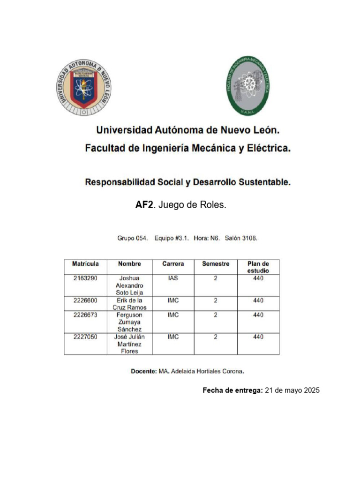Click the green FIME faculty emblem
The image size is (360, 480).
pyautogui.click(x=248, y=86)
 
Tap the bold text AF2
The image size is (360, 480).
pyautogui.click(x=144, y=206)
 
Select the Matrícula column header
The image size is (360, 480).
pyautogui.click(x=85, y=264)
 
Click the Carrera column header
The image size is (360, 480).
pyautogui.click(x=173, y=264)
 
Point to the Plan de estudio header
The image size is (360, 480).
pyautogui.click(x=258, y=267)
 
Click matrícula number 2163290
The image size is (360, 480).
pyautogui.click(x=85, y=278)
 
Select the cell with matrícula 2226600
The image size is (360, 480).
pyautogui.click(x=85, y=300)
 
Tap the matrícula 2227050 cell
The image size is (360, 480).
pyautogui.click(x=85, y=337)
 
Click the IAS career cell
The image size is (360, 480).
pyautogui.click(x=173, y=278)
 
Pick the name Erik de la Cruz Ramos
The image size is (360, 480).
pyautogui.click(x=129, y=304)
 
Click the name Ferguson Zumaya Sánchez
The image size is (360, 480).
pyautogui.click(x=129, y=322)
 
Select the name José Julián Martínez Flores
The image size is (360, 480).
pyautogui.click(x=129, y=344)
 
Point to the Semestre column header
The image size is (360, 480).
pyautogui.click(x=216, y=264)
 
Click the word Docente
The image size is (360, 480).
pyautogui.click(x=143, y=371)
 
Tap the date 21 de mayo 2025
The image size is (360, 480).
pyautogui.click(x=292, y=390)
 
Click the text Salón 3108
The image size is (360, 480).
pyautogui.click(x=241, y=238)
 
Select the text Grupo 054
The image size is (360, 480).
pyautogui.click(x=133, y=238)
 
